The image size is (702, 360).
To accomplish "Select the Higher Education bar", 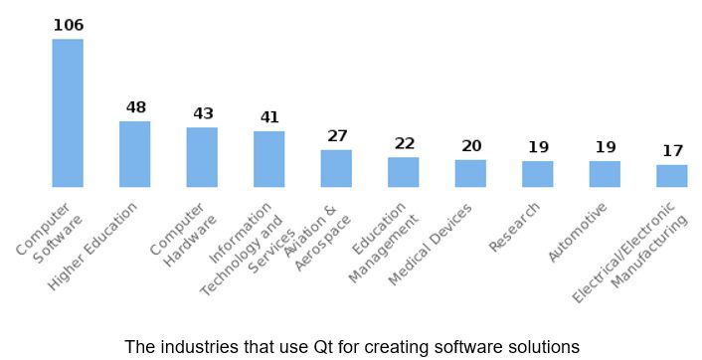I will pos(134,154).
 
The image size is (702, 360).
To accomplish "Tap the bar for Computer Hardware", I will pos(202,157).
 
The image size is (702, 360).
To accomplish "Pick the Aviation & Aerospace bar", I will pos(336,168).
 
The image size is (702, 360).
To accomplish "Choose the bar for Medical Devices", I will pos(470,173).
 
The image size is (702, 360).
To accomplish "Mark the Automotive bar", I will pos(605,174).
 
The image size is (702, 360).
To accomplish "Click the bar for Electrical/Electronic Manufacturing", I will pos(672,176).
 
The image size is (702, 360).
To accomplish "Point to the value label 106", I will pos(68,25).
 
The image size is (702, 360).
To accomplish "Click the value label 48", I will pos(135,107).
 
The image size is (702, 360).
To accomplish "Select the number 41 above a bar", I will pos(269,117).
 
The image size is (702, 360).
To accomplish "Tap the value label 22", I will pos(404,143).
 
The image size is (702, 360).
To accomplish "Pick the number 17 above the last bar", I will pos(672,151).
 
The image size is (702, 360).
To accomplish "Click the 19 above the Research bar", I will pos(538,147).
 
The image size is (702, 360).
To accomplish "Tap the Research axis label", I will pos(516,228).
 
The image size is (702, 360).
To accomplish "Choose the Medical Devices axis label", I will pos(431,245).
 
